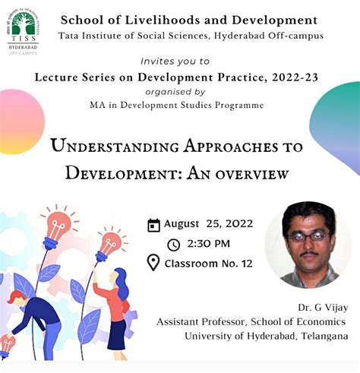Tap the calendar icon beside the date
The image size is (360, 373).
154,224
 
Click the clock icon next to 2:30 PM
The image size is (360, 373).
173,245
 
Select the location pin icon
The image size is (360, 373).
153,263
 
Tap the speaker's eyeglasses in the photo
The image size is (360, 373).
308,236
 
